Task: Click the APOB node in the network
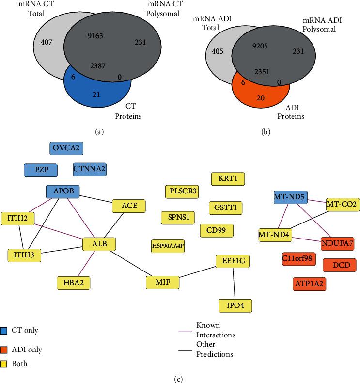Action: tap(63, 191)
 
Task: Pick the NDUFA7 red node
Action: tap(337, 241)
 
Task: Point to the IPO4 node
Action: tap(235, 305)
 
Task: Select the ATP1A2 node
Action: tap(309, 284)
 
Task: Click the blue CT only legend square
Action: tap(4, 331)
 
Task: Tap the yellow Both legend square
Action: tap(4, 363)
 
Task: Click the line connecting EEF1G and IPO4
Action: tap(234, 284)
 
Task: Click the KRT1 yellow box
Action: tap(228, 178)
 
